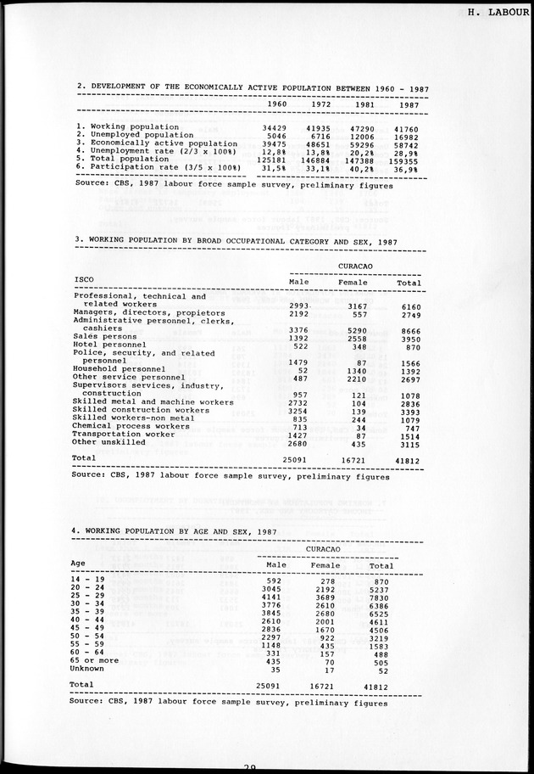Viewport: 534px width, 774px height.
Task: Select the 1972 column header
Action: click(320, 104)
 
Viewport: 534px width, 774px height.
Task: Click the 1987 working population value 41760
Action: click(409, 126)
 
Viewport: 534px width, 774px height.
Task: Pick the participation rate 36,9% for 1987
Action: click(408, 167)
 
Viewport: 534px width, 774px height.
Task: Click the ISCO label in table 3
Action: click(84, 278)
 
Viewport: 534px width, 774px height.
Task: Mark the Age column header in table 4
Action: click(78, 563)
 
